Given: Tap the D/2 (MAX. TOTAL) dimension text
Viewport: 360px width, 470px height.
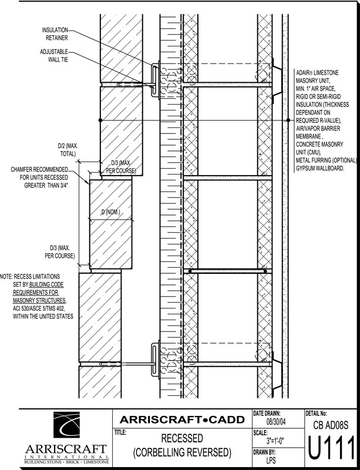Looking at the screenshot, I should [x=66, y=149].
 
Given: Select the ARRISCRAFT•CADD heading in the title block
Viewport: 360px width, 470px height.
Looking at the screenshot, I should [x=182, y=419].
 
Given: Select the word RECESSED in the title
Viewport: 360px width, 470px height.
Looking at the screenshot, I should [x=182, y=439].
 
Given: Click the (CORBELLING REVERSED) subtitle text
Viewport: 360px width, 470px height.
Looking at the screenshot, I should [x=182, y=453].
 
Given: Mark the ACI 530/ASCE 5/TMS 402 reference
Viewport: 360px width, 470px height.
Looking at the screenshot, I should [x=41, y=308].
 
